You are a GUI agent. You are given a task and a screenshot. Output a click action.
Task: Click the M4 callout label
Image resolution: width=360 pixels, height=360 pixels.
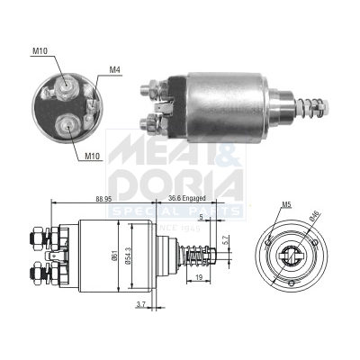(114, 69)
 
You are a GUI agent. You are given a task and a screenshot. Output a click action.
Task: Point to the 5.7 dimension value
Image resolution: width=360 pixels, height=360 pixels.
(226, 241)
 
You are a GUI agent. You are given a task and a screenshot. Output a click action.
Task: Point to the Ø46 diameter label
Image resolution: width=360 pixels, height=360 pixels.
(312, 216)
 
